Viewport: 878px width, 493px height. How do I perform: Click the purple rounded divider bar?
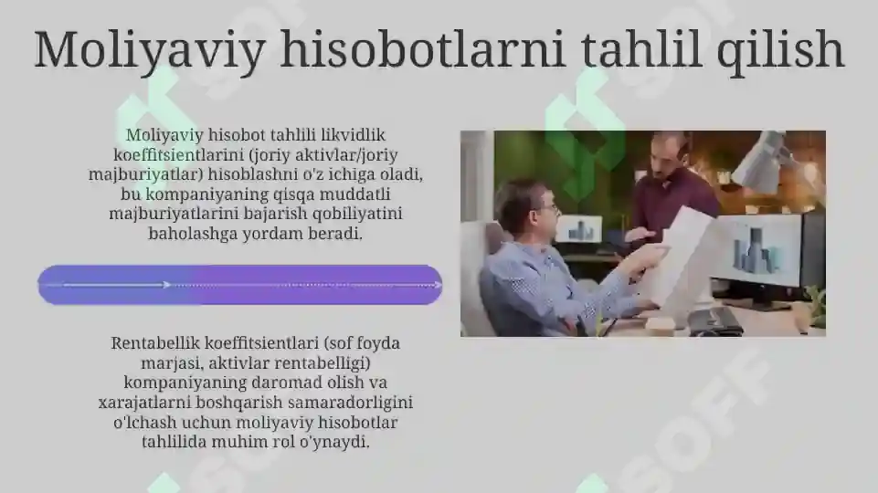(239, 285)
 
